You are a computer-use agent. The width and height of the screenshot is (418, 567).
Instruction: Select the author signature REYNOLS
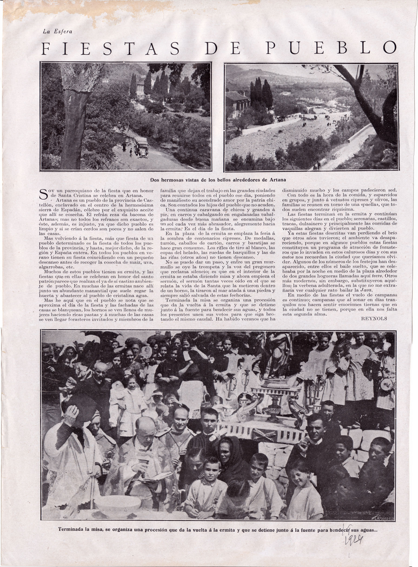coord(374,318)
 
